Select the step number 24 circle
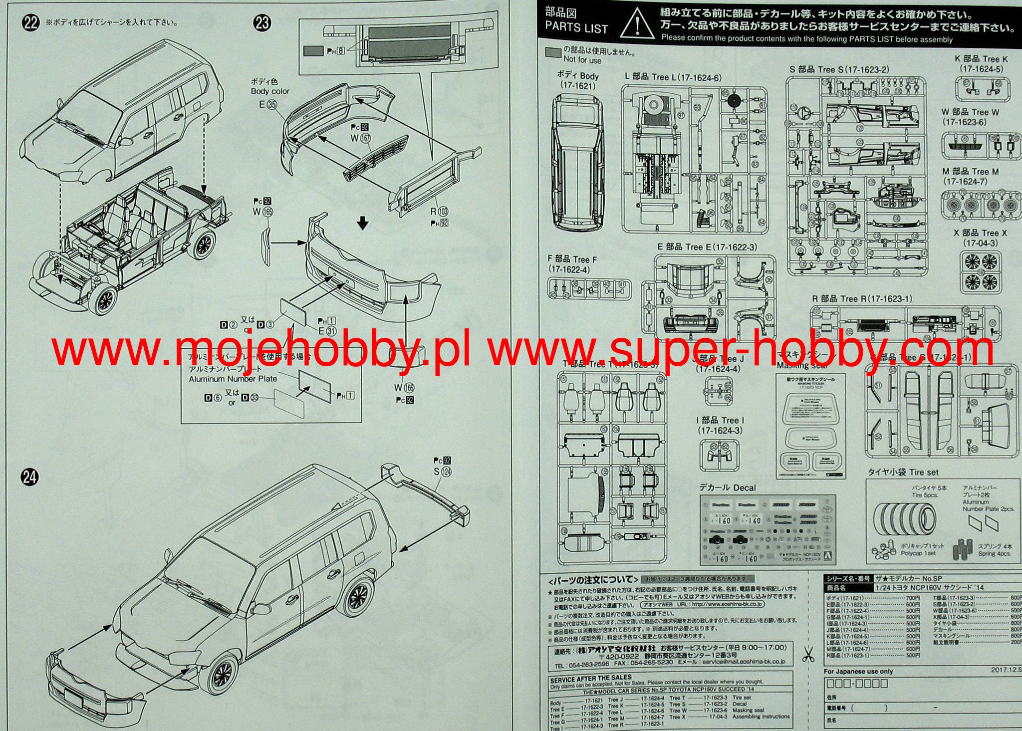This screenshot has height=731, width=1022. [30, 478]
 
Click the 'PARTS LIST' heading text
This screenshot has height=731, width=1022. [576, 28]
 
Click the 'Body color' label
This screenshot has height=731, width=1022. [270, 91]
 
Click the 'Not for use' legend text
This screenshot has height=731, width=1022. [582, 60]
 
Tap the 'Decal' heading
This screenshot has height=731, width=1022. [728, 487]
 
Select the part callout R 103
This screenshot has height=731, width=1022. [440, 212]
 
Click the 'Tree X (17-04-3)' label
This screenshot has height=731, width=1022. [980, 238]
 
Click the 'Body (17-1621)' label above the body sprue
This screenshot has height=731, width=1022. [577, 80]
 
